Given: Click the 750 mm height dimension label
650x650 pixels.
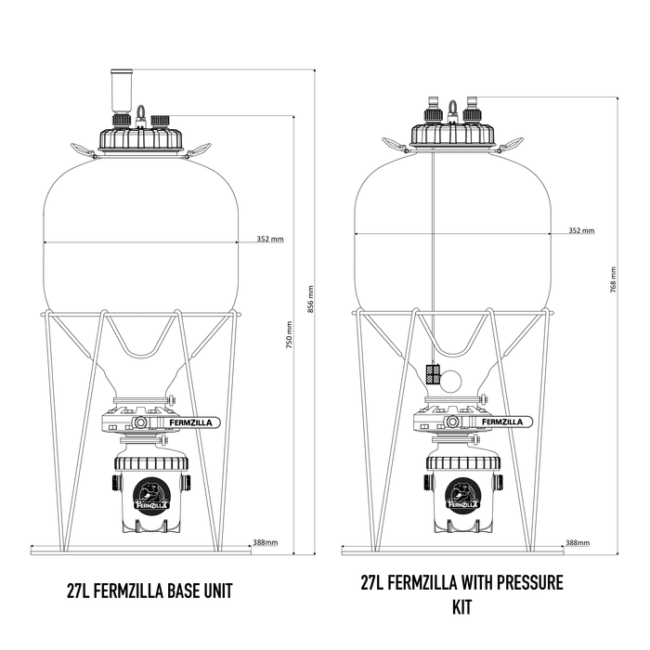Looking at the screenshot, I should pyautogui.click(x=290, y=342).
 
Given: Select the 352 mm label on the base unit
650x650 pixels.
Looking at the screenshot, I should pyautogui.click(x=270, y=240).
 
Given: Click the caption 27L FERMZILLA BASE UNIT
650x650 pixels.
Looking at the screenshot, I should pyautogui.click(x=149, y=591).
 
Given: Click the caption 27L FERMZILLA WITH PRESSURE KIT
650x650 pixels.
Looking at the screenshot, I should pyautogui.click(x=461, y=594).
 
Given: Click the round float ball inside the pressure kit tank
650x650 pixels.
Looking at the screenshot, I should pyautogui.click(x=451, y=377).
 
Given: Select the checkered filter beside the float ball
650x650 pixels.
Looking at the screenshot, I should pyautogui.click(x=433, y=374).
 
